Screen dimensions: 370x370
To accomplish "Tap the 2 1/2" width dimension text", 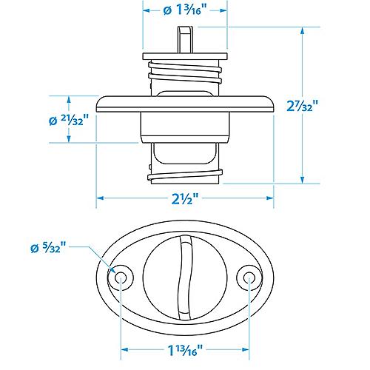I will click(x=186, y=199).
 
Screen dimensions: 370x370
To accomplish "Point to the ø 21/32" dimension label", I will click(x=70, y=120).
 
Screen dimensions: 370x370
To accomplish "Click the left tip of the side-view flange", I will click(x=98, y=103).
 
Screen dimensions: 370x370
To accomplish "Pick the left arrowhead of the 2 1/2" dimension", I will click(x=101, y=198).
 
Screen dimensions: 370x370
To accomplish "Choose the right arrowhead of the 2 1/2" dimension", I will click(x=272, y=198).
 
